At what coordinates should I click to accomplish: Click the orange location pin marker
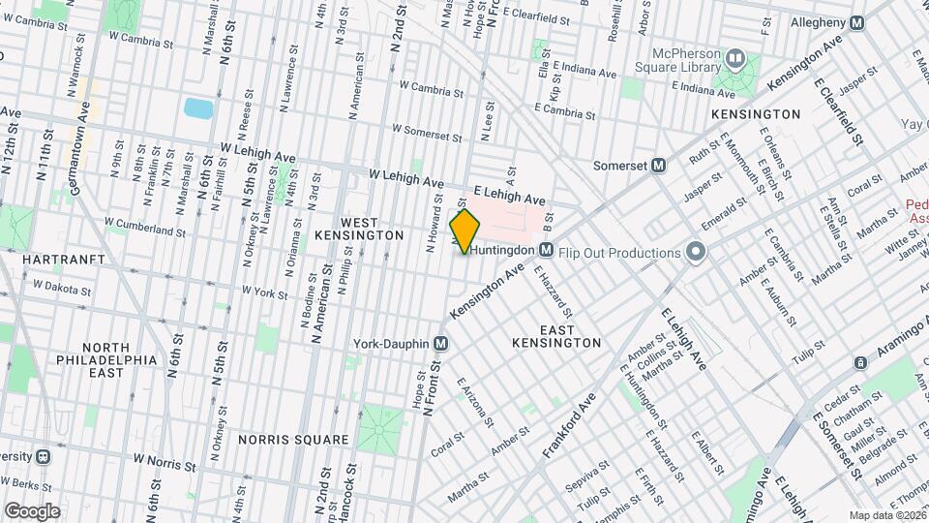pyautogui.click(x=465, y=231)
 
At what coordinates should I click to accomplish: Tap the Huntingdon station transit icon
pyautogui.click(x=546, y=250)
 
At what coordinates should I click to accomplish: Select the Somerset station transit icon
pyautogui.click(x=658, y=165)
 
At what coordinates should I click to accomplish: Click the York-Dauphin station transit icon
pyautogui.click(x=440, y=344)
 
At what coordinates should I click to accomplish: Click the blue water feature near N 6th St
pyautogui.click(x=197, y=108)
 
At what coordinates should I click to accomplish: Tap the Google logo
pyautogui.click(x=32, y=511)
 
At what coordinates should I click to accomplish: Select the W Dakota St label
pyautogui.click(x=62, y=288)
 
